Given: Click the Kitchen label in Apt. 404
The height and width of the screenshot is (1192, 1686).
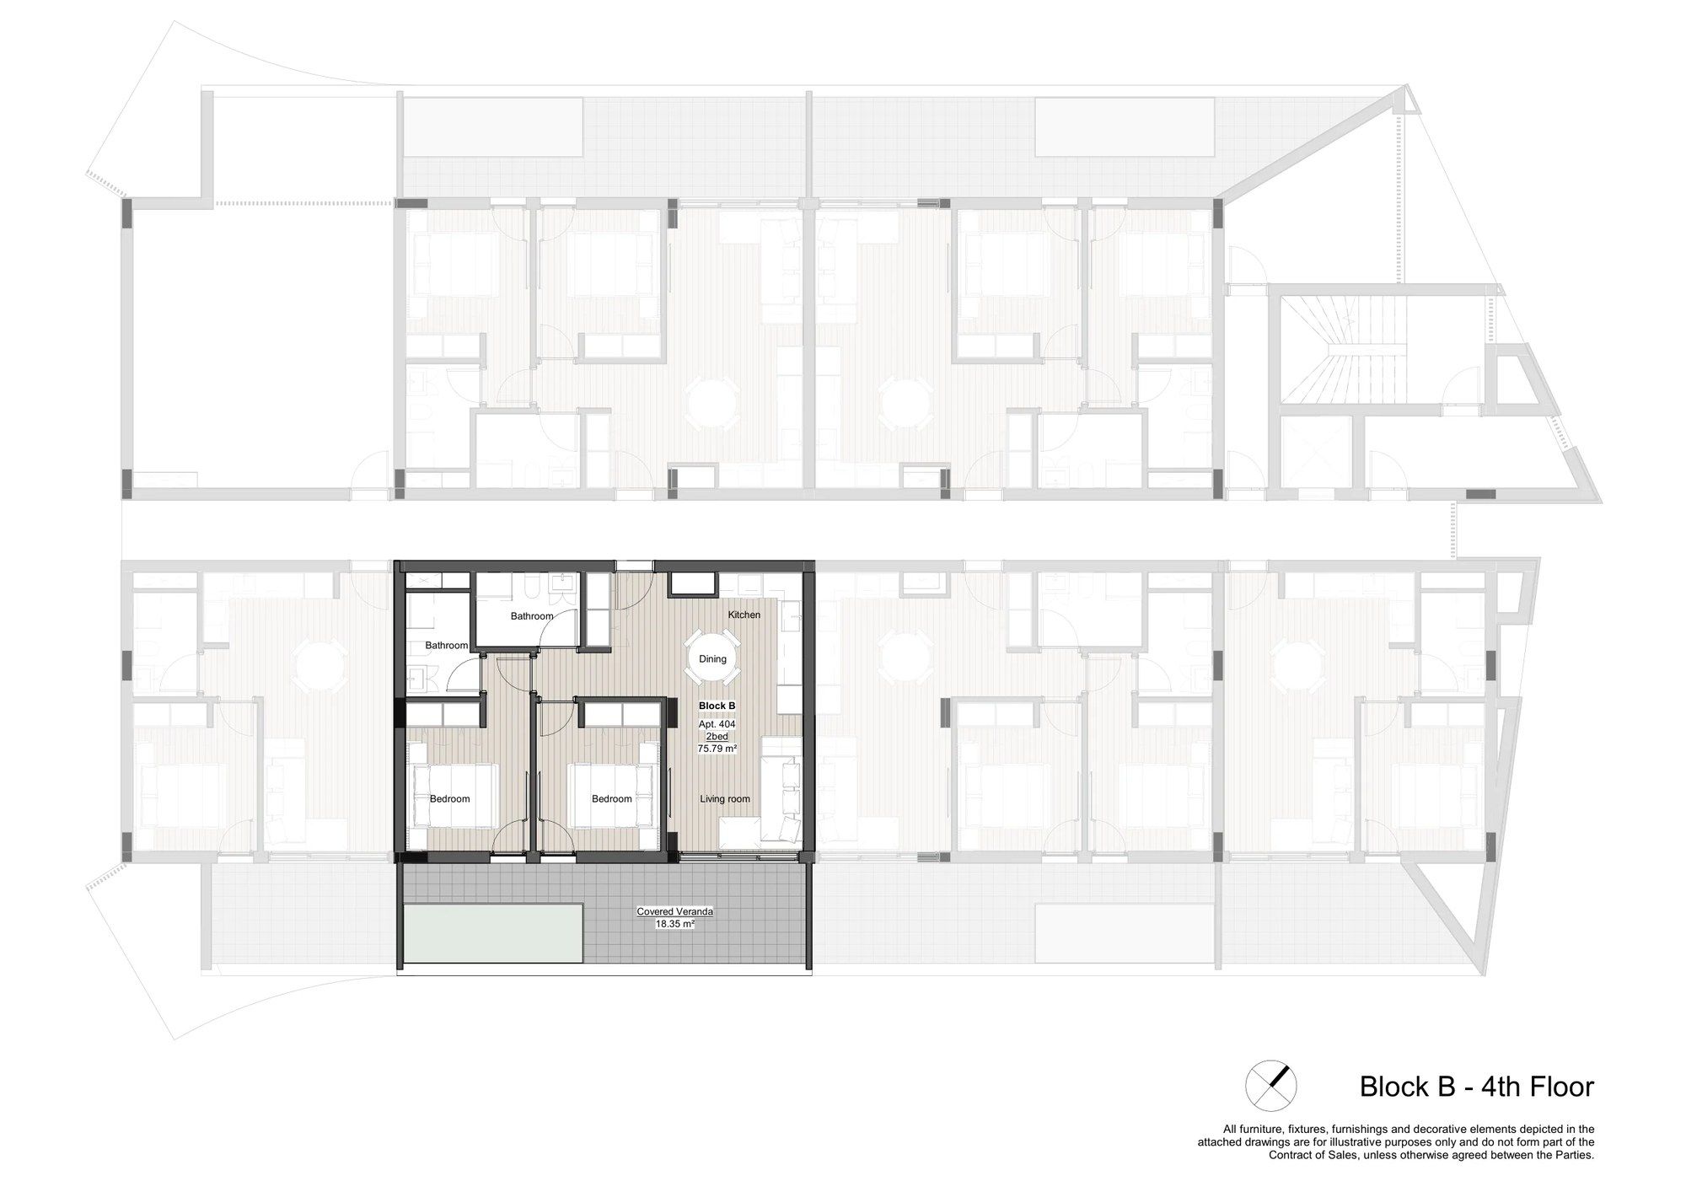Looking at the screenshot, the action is tap(744, 615).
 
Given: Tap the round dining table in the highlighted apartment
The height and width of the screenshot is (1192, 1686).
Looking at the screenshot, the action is tap(712, 658).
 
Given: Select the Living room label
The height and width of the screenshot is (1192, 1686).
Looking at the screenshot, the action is tap(725, 798).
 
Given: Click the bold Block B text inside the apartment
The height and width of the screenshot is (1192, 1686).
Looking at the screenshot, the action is tap(717, 706).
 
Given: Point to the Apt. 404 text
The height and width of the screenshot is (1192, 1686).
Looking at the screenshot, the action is tap(717, 724).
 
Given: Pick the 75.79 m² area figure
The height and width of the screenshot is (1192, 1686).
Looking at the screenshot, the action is tap(717, 748).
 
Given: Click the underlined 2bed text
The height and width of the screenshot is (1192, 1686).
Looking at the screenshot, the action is tap(717, 736).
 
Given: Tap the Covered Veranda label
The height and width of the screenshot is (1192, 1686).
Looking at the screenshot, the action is tap(675, 911).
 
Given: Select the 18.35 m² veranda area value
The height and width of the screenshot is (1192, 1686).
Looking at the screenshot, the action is tap(675, 924).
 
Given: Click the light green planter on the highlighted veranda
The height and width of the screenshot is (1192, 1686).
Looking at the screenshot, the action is tap(494, 933).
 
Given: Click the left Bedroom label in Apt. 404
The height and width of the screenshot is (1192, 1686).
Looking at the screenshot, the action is tap(449, 798).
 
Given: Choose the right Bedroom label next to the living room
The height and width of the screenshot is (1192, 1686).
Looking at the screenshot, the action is tap(611, 798).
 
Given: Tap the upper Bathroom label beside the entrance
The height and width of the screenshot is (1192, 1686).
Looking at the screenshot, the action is tap(532, 616).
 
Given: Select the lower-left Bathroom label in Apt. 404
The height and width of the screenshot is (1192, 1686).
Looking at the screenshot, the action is tap(446, 645).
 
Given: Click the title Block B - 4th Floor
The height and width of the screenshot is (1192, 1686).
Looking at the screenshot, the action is tap(1477, 1086).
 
